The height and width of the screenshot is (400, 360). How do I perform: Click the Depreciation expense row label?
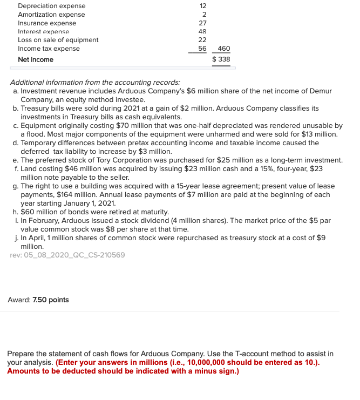click(51, 6)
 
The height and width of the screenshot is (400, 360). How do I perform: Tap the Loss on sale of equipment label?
click(58, 40)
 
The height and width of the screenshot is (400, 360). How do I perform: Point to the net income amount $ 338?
click(221, 59)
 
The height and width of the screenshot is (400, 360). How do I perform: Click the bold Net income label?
click(36, 59)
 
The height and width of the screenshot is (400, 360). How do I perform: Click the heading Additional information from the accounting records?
click(96, 83)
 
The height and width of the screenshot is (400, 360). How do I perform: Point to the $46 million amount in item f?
click(79, 168)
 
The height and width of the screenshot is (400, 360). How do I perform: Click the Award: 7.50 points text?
click(38, 300)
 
